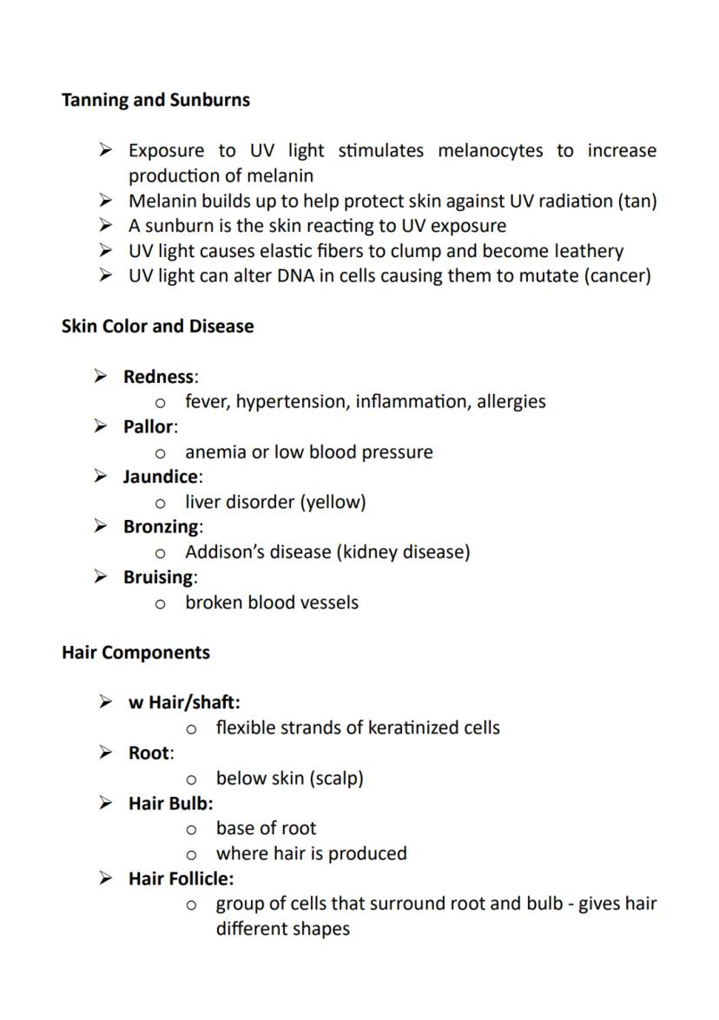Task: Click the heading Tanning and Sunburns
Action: coord(155,100)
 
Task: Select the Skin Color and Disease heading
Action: coord(157,326)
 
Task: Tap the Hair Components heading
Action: coord(135,652)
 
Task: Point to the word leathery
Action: coord(588,252)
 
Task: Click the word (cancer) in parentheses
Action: coord(615,277)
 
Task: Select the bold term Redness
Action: coord(159,377)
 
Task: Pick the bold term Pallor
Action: coord(148,427)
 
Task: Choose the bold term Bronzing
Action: coord(162,527)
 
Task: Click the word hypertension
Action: coord(293,402)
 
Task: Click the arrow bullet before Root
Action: coord(105,753)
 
